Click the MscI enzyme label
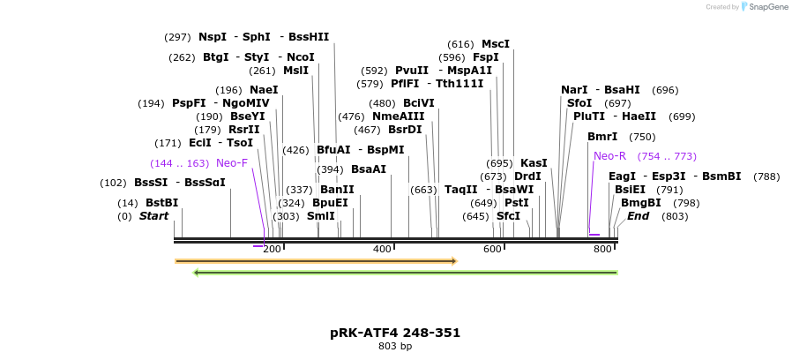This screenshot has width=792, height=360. [496, 44]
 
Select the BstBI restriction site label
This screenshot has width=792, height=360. [161, 203]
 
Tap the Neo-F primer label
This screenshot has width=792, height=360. [232, 163]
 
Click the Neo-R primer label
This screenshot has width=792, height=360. [609, 156]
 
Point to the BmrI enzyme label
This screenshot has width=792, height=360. [602, 137]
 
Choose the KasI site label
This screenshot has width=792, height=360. [534, 163]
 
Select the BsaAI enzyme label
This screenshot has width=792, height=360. [369, 169]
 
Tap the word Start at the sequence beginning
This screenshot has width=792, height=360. [153, 216]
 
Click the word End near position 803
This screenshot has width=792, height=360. [638, 216]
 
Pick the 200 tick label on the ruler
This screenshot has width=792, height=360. [272, 250]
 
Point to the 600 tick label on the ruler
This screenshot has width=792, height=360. [492, 250]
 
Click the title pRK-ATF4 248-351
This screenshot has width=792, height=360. [395, 333]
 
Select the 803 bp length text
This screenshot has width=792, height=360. [395, 347]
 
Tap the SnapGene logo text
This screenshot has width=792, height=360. [766, 7]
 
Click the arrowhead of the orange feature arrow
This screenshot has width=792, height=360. [453, 261]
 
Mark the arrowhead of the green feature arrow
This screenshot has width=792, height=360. [197, 273]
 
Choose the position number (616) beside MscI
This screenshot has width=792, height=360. [460, 44]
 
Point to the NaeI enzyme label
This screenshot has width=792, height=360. [264, 90]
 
